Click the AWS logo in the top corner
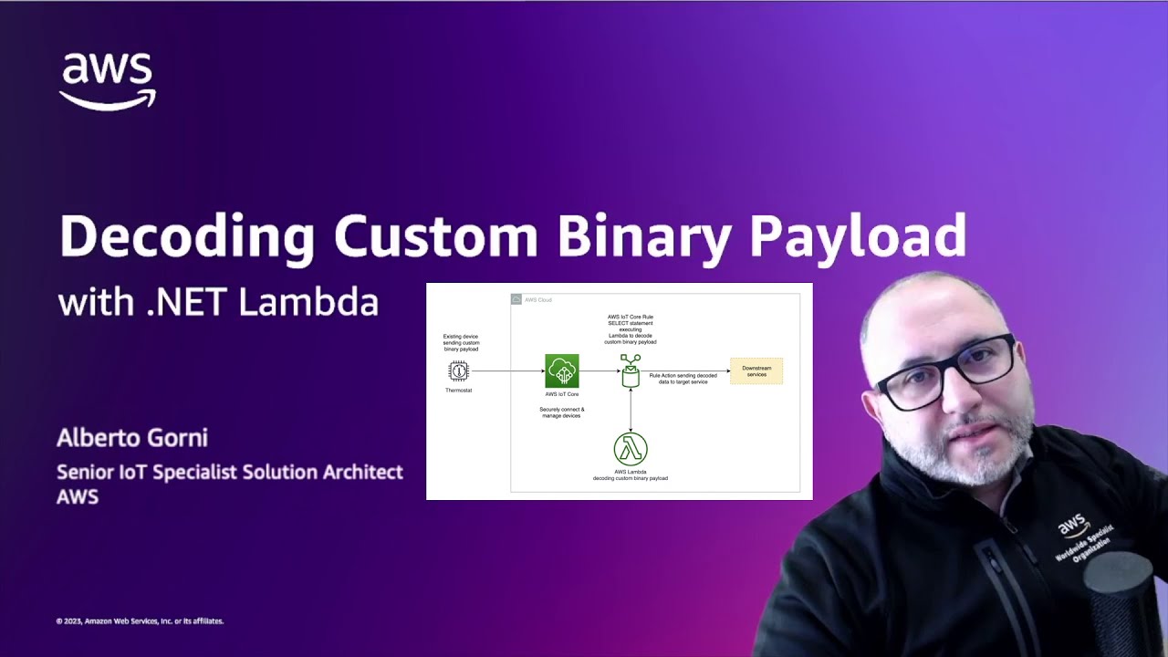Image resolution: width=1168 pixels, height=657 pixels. click(x=108, y=81)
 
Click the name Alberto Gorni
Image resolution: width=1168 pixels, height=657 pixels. click(x=132, y=438)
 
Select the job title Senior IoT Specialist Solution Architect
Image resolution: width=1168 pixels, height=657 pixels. click(x=230, y=473)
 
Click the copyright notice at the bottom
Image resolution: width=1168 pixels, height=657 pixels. click(x=140, y=621)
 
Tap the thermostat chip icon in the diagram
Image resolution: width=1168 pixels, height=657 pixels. click(x=458, y=370)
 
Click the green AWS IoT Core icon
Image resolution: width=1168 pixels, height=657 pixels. click(x=561, y=370)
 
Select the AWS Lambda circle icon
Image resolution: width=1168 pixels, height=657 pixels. click(x=631, y=449)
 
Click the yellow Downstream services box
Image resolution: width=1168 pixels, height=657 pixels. click(x=756, y=370)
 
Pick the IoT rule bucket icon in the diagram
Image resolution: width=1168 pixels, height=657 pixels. click(x=631, y=371)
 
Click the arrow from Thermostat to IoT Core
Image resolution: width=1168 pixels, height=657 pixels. click(x=506, y=371)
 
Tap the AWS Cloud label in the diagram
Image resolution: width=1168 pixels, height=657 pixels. click(x=537, y=299)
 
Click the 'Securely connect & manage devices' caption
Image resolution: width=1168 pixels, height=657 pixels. click(x=561, y=412)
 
